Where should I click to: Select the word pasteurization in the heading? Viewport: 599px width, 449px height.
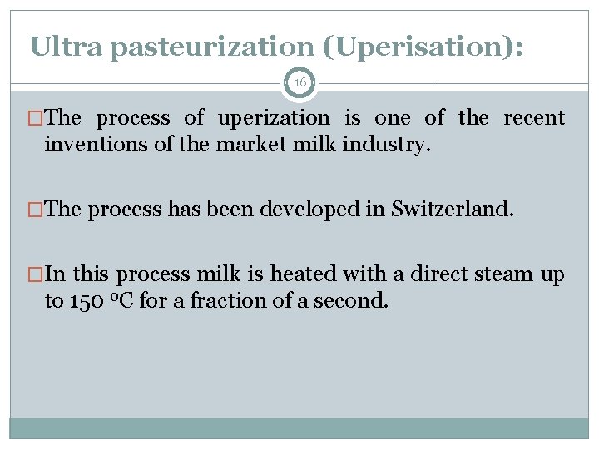coord(215,47)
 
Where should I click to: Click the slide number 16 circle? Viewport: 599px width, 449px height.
coord(299,83)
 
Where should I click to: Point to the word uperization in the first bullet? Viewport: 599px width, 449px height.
coord(274,119)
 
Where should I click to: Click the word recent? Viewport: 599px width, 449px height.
coord(534,118)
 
